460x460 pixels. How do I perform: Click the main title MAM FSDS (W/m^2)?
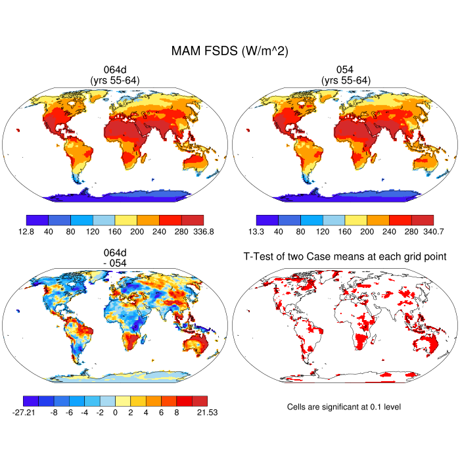pyautogui.click(x=230, y=51)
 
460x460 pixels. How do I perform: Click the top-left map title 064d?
pyautogui.click(x=115, y=70)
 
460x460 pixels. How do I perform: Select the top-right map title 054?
pyautogui.click(x=346, y=70)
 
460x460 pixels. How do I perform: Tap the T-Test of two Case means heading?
pyautogui.click(x=345, y=256)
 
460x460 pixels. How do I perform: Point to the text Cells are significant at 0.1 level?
pyautogui.click(x=344, y=407)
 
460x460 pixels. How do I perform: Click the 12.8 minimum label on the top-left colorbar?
pyautogui.click(x=26, y=231)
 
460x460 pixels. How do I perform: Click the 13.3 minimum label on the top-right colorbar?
pyautogui.click(x=257, y=231)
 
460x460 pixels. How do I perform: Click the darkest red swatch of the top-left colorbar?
pyautogui.click(x=193, y=220)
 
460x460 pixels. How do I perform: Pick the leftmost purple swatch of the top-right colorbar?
pyautogui.click(x=267, y=220)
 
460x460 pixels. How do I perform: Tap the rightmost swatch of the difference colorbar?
pyautogui.click(x=200, y=400)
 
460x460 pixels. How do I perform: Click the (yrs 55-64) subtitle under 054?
pyautogui.click(x=346, y=80)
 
